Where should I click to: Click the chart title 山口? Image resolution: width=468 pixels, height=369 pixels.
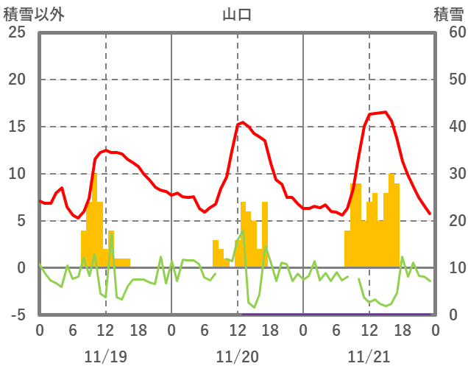point(237,13)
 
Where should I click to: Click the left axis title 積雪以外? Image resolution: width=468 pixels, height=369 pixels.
point(34,13)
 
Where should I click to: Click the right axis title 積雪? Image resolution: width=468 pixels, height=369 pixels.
point(447,13)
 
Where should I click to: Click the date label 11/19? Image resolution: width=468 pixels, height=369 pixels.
point(105,356)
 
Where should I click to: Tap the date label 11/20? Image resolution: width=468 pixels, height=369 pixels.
point(238,356)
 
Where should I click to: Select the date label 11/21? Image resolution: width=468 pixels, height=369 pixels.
point(369,356)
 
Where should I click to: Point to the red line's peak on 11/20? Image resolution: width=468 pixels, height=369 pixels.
point(243,122)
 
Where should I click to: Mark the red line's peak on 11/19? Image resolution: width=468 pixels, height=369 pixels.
point(106,150)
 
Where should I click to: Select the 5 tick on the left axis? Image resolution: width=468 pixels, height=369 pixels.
point(21,221)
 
